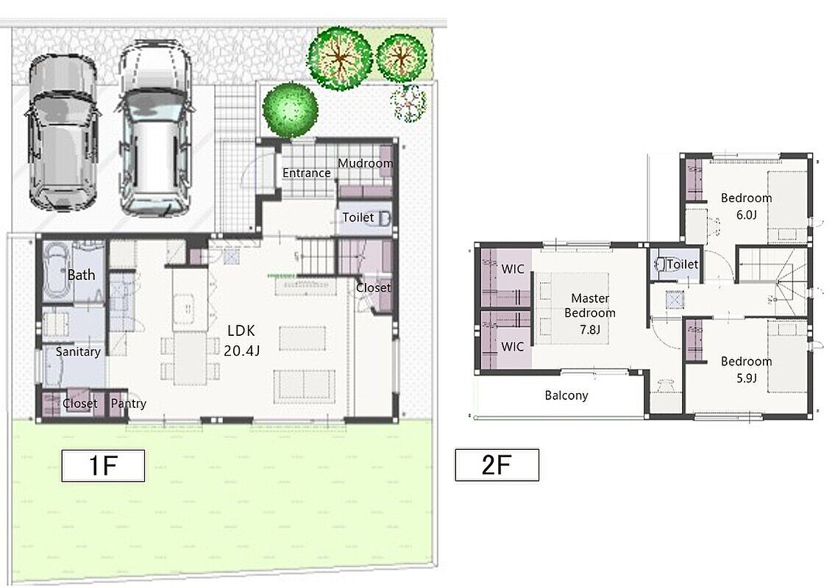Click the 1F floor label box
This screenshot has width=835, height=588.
[103, 465]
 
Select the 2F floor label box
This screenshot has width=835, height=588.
[497, 465]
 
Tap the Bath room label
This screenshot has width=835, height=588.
[81, 275]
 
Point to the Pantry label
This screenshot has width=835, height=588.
[128, 404]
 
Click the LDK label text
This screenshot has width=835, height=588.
[241, 331]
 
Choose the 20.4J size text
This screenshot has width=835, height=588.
[242, 351]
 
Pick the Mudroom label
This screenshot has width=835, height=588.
[366, 163]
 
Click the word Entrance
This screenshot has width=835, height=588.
[306, 173]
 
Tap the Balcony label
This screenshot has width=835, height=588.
[566, 395]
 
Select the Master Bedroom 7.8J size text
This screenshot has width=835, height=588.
[590, 330]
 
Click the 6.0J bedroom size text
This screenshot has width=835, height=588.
[746, 215]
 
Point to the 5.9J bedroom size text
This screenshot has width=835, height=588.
[746, 379]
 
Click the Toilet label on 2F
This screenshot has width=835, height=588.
[682, 265]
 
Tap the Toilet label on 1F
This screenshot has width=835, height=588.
[358, 217]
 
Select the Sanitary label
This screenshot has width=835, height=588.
[78, 352]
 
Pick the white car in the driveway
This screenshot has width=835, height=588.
[154, 129]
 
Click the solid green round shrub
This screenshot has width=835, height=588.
[290, 110]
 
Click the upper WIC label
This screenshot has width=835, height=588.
[513, 269]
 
